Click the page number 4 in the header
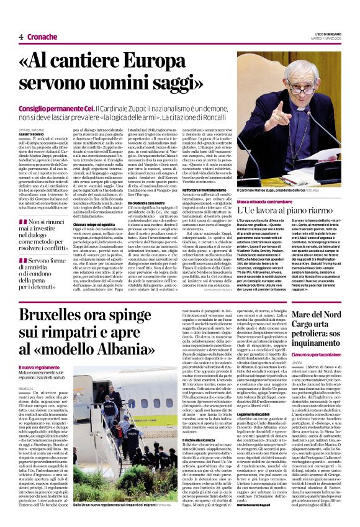click(21, 37)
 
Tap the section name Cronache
click(42, 37)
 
